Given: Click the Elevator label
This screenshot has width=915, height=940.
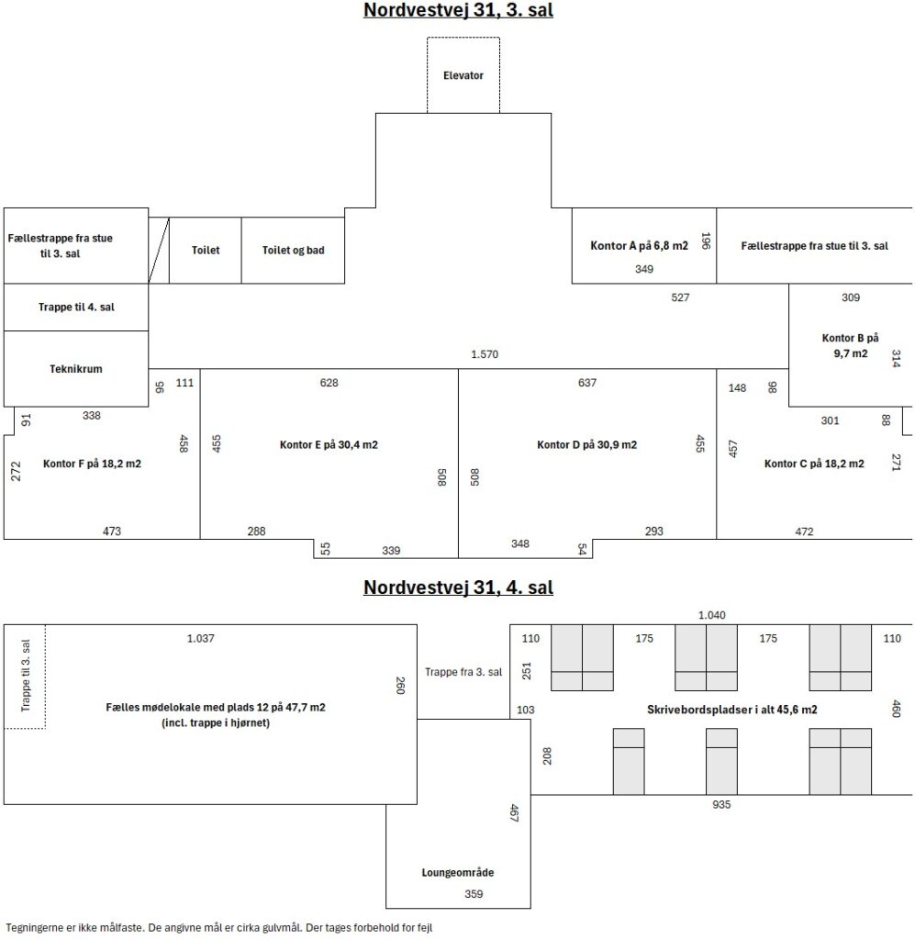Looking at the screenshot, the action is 463,75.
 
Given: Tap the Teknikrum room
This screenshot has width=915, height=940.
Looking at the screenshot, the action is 76,369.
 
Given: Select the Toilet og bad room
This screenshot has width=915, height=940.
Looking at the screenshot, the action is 293,250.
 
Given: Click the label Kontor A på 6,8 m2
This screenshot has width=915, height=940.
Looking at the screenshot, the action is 640,245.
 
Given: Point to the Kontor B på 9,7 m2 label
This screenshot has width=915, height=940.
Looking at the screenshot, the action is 850,345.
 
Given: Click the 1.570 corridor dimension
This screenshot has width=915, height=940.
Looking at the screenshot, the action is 485,354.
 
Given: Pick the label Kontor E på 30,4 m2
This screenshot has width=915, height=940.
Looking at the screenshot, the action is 329,445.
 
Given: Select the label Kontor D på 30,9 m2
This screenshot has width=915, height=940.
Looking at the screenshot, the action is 586,445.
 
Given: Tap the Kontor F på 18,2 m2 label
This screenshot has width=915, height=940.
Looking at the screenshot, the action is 93,464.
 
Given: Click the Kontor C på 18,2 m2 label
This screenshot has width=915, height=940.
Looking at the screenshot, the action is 814,464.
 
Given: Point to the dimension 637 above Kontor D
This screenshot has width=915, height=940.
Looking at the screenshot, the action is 587,383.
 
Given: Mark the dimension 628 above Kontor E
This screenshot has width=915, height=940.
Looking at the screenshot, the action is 329,383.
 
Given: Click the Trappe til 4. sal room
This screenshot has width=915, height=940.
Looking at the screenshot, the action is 76,307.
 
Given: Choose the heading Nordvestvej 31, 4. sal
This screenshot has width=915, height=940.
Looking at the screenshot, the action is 458,587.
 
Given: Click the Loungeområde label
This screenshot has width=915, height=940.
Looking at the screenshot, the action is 458,873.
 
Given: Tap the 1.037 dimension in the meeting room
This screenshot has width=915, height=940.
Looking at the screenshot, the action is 200,639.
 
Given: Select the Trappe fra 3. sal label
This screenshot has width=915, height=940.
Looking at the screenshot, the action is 463,672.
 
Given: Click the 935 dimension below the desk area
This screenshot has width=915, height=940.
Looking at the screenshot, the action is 721,804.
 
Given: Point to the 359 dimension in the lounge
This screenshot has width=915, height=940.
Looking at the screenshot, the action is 474,894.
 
